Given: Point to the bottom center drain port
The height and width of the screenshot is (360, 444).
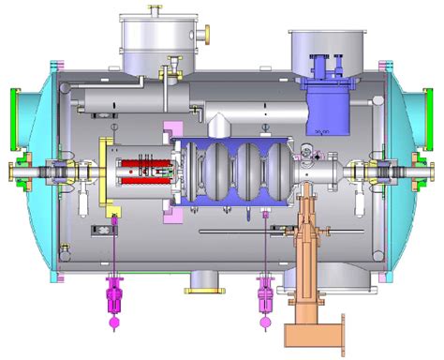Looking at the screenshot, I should point(200,279).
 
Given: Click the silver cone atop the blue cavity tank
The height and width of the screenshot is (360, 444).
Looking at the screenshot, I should point(217,127).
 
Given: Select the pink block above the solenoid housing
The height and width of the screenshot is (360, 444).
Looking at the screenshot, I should point(171,130).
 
